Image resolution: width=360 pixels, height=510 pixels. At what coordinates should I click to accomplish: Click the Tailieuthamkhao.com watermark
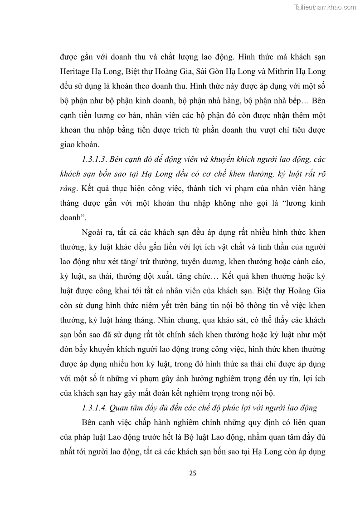point(326,7)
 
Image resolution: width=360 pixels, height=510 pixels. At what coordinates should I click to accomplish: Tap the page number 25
point(193,473)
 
